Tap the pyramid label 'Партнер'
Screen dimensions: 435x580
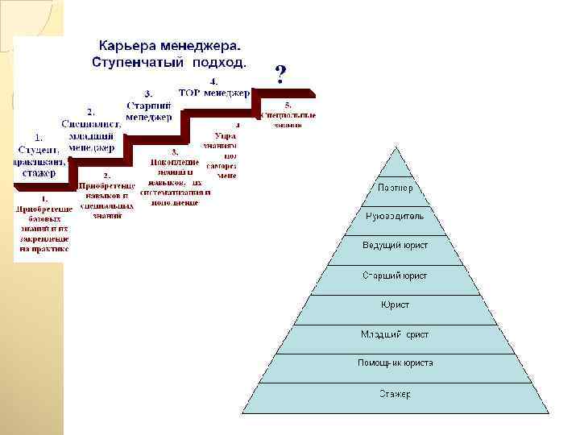pyautogui.click(x=396, y=188)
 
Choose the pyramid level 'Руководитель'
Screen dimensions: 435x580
pyautogui.click(x=395, y=216)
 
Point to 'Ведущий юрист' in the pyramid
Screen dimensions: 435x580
pyautogui.click(x=395, y=245)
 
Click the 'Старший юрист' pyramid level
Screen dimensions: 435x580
pyautogui.click(x=395, y=275)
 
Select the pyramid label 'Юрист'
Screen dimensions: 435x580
pyautogui.click(x=395, y=304)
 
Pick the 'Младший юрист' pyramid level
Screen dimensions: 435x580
pyautogui.click(x=395, y=333)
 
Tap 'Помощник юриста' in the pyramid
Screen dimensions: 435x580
pyautogui.click(x=395, y=363)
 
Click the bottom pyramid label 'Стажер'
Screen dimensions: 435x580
pyautogui.click(x=395, y=394)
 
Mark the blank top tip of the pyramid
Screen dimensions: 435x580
pyautogui.click(x=395, y=161)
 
